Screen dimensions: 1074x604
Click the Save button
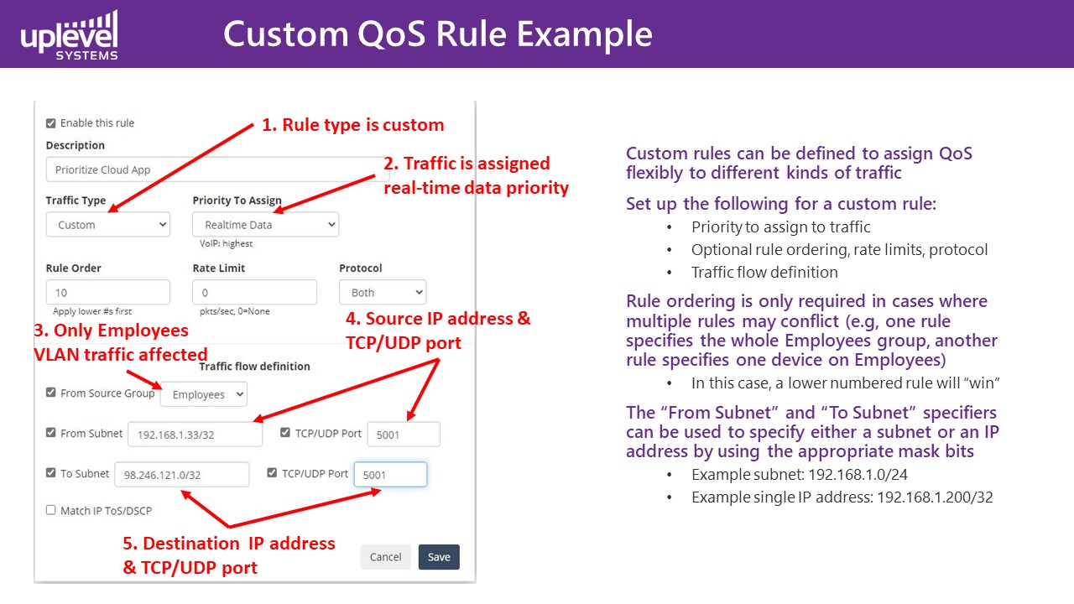point(439,556)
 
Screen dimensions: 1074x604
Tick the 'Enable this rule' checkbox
point(51,123)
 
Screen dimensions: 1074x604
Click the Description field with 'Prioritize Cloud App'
point(216,169)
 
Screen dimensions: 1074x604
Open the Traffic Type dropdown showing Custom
point(108,224)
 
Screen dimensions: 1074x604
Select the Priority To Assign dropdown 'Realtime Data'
point(266,224)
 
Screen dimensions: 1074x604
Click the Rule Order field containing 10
point(108,292)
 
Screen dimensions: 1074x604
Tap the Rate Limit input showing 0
point(254,292)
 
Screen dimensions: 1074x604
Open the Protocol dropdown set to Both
point(383,292)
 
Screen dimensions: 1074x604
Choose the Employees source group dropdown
point(204,394)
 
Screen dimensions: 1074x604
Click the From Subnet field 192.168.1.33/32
point(196,435)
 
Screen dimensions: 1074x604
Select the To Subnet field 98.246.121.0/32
point(182,475)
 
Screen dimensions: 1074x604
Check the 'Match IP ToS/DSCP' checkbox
point(51,509)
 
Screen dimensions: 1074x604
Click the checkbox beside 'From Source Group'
point(51,392)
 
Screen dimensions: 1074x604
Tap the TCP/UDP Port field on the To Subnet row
point(390,475)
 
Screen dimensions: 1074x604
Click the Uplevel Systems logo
point(69,35)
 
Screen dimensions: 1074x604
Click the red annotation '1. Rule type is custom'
point(353,125)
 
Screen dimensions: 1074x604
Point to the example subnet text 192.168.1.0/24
point(858,475)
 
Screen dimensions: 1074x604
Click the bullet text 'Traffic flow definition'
point(764,273)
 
